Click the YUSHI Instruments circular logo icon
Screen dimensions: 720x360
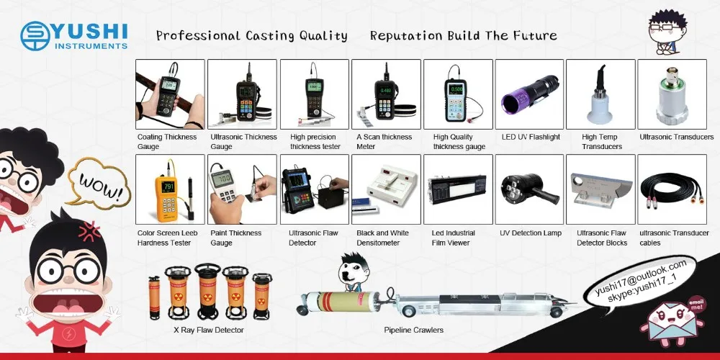pos(35,35)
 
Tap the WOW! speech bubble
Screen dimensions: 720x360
pos(99,182)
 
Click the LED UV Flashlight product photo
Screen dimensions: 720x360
pos(529,94)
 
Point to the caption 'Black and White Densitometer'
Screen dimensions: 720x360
pos(382,238)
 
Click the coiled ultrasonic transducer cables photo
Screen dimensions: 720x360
pos(672,189)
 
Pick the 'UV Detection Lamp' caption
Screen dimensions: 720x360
pos(531,233)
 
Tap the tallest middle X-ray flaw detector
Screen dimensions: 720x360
pos(207,291)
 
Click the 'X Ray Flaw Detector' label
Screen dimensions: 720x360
pos(209,330)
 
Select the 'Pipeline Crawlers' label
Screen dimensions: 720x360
pos(414,330)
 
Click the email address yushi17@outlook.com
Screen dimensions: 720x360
pos(641,278)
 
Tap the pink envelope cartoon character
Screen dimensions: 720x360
pos(672,319)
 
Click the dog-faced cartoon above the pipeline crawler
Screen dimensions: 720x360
pos(354,272)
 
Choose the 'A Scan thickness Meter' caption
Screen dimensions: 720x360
pos(384,141)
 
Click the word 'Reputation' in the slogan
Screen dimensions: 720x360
pos(406,36)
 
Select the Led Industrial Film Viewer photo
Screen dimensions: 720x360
pos(458,189)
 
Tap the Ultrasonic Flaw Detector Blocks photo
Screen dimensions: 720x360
pos(600,189)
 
